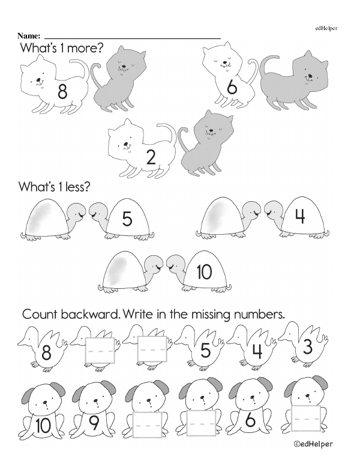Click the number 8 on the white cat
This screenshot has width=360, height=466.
tap(62, 91)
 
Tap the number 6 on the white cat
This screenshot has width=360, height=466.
tap(232, 87)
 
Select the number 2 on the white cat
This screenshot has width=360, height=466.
tap(151, 157)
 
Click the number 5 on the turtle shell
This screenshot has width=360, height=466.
tap(127, 219)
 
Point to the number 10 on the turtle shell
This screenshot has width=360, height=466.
tap(205, 272)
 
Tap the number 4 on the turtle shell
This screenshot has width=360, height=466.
tap(300, 216)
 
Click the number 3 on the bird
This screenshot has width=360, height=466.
tap(307, 347)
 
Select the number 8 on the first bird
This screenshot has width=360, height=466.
tap(46, 353)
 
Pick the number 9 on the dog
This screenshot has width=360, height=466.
tap(94, 423)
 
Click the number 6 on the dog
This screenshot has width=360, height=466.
tap(250, 420)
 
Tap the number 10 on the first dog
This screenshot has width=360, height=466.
tap(43, 426)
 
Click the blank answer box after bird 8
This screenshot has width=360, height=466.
tap(100, 350)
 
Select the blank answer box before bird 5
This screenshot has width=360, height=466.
tap(152, 349)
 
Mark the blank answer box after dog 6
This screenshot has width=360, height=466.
tap(306, 418)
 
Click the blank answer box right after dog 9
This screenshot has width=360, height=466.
tap(148, 425)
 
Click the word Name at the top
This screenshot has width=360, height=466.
tap(29, 36)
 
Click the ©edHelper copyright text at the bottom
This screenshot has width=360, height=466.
tap(313, 444)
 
